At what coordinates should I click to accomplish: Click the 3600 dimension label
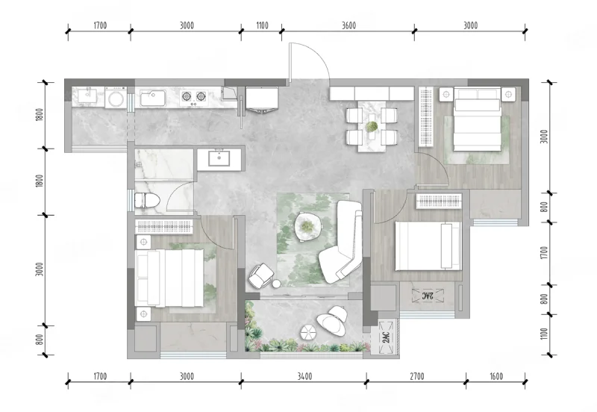pos(348,25)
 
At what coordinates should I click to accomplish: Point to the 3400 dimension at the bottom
pos(304,377)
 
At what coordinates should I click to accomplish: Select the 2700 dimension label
pos(417,377)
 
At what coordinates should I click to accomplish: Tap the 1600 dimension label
pos(496,377)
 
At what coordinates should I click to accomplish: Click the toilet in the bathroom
pos(146,200)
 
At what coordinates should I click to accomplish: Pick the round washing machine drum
pos(116,99)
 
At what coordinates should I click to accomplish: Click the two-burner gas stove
pos(193,97)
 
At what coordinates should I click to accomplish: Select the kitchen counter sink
pos(152,98)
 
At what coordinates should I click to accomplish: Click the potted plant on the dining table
pos(372,126)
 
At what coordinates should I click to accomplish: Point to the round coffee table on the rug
pos(308,227)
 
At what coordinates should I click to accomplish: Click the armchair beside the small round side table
pos(260,275)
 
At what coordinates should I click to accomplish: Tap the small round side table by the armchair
pos(276,284)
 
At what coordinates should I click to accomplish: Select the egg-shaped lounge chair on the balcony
pos(332,320)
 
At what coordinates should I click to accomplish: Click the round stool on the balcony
pos(309,332)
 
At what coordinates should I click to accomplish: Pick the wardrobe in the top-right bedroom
pos(426,116)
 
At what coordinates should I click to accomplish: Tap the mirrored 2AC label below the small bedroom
pos(428,296)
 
